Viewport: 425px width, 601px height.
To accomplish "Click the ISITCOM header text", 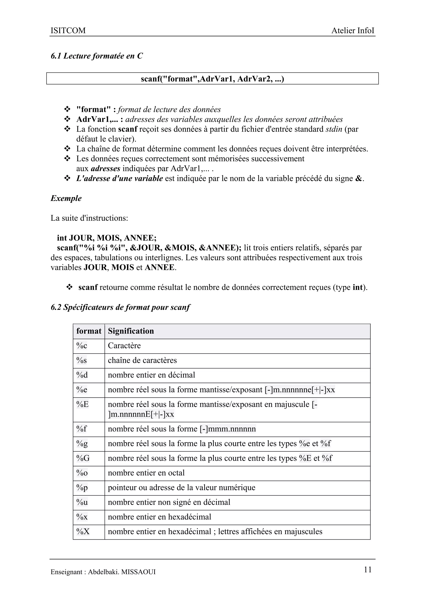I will click(x=68, y=31).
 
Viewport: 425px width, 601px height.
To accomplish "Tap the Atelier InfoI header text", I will click(x=353, y=31).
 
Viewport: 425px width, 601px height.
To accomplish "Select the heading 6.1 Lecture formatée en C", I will click(x=96, y=56).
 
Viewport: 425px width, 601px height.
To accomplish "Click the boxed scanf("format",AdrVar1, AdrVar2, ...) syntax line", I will click(x=212, y=78).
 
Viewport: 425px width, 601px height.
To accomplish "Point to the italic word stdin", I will click(x=334, y=129).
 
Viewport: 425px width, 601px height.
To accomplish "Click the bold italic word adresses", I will click(x=105, y=168).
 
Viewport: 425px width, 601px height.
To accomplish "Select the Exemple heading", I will click(x=66, y=198).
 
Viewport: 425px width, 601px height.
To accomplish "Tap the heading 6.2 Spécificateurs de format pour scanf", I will click(x=120, y=307).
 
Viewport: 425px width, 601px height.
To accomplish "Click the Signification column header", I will click(x=131, y=331).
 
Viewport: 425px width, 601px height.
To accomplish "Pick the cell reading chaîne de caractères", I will click(x=142, y=360).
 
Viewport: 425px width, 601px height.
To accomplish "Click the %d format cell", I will click(x=82, y=375).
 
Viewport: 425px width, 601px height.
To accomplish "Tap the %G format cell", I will click(x=83, y=458).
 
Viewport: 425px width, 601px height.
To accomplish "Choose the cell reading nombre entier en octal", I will click(x=146, y=473).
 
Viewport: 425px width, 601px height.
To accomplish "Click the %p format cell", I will click(x=82, y=487).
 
